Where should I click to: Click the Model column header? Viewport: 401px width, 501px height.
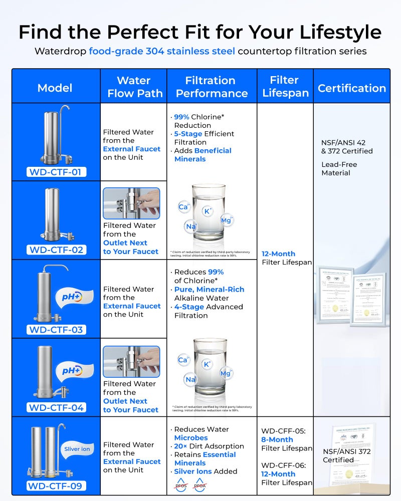click(x=55, y=88)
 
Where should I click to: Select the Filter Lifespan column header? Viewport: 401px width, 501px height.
click(x=284, y=87)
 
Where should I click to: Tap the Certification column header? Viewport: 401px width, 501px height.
click(x=352, y=88)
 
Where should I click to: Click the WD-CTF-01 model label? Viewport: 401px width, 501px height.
click(x=57, y=172)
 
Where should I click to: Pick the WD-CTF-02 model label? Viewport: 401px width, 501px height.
click(x=57, y=249)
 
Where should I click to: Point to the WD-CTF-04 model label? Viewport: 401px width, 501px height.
click(x=57, y=407)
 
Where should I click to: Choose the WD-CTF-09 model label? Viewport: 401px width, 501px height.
click(x=57, y=485)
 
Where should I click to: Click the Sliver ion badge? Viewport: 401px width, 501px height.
click(x=77, y=449)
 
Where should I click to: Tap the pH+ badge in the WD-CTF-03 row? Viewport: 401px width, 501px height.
click(x=75, y=296)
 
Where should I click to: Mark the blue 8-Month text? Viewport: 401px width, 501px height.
click(x=277, y=439)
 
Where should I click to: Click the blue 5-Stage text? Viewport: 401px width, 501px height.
click(x=188, y=134)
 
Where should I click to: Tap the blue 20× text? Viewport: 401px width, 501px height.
click(x=180, y=446)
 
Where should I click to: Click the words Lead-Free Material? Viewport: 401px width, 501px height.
click(x=336, y=168)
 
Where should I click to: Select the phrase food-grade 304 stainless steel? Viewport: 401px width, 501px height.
click(x=162, y=51)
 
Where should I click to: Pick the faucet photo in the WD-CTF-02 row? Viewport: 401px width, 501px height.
click(x=131, y=203)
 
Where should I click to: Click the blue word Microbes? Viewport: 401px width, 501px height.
click(x=191, y=437)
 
